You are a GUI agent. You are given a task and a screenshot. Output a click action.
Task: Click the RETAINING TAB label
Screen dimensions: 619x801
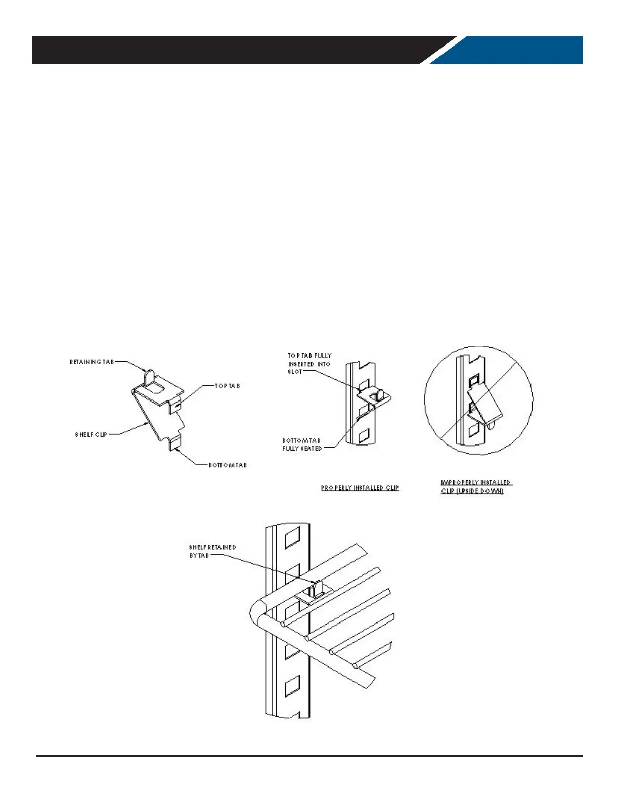(x=92, y=362)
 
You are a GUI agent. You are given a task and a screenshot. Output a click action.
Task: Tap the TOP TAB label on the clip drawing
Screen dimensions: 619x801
(x=228, y=386)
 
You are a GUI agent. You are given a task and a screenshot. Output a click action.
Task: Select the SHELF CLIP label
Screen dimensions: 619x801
(x=92, y=434)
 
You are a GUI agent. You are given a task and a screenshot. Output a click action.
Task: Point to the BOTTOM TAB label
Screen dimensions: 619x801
(x=228, y=465)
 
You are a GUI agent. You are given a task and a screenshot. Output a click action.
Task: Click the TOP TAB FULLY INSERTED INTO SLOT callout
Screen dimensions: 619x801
(x=309, y=364)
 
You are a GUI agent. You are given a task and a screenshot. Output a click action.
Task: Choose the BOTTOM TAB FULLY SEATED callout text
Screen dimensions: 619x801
(x=302, y=444)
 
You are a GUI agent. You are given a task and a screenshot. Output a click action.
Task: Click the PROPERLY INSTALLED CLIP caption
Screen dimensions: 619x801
(x=360, y=488)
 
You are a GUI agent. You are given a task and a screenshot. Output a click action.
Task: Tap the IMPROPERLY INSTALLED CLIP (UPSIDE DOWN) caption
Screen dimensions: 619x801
(x=476, y=487)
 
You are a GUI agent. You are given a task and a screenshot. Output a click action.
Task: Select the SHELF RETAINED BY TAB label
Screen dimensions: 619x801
(x=212, y=551)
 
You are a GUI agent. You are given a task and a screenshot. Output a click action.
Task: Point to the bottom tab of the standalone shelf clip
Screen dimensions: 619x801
(x=174, y=443)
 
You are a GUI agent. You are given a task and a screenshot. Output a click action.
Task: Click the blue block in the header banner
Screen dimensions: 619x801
(x=511, y=50)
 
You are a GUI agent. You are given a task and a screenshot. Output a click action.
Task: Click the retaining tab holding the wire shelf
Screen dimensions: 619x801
(x=318, y=588)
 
